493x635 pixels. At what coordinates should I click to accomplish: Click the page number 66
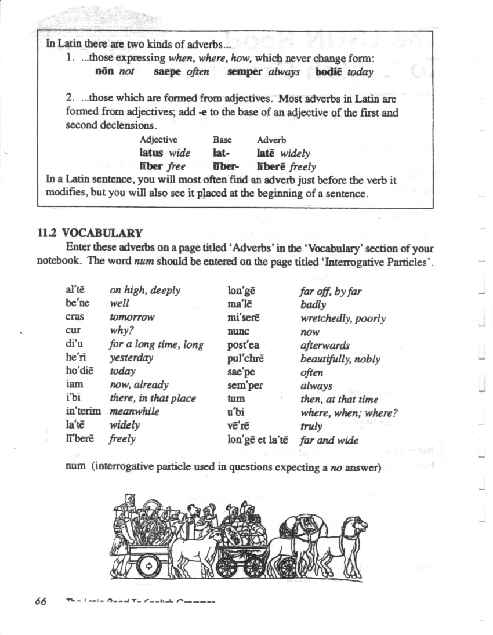pos(40,601)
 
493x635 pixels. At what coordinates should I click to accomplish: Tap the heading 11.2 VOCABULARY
pos(90,233)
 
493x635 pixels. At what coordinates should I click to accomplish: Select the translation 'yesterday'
pos(132,358)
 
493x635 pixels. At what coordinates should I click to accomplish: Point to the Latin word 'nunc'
pos(238,332)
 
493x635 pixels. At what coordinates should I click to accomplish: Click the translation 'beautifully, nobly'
pos(340,359)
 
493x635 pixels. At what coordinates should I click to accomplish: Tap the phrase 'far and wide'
pos(329,440)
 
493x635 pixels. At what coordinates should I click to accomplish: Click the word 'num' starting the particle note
pos(75,468)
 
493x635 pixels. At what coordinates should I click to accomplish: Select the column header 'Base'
pos(222,140)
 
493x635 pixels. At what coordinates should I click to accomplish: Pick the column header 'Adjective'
pos(158,140)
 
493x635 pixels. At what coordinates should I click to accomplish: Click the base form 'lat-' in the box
pos(221,153)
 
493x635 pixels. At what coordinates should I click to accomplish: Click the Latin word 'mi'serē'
pos(243,318)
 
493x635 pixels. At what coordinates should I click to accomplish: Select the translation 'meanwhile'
pos(134,411)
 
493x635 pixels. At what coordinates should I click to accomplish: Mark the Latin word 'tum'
pos(236,399)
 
